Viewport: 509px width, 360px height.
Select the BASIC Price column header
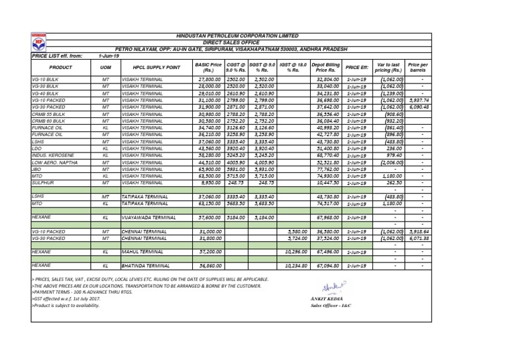point(208,68)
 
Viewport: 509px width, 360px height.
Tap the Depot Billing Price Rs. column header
point(327,68)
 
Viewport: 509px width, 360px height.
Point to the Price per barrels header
point(418,68)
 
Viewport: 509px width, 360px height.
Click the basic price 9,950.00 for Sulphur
point(208,182)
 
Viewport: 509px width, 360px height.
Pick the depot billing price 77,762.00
point(327,169)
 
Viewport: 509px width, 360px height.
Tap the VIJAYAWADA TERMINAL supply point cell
point(148,217)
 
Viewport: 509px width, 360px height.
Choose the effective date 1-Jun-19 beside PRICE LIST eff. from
point(107,56)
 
